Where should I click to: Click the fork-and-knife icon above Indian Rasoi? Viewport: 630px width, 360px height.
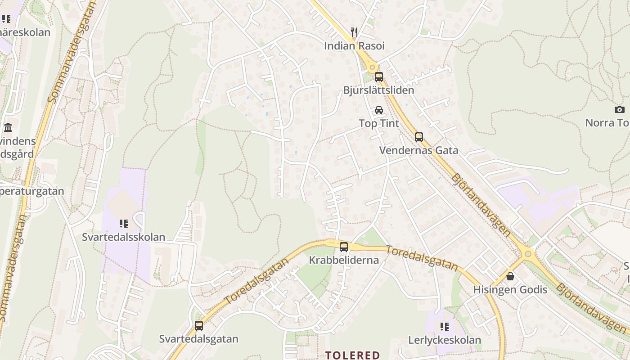(354, 32)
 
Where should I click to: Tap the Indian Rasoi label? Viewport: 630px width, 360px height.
(354, 46)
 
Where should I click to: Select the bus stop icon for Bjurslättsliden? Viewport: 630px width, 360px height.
(379, 77)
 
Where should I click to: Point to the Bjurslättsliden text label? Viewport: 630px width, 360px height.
(378, 90)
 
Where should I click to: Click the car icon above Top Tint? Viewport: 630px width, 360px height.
(379, 110)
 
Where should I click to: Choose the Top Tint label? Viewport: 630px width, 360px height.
(379, 123)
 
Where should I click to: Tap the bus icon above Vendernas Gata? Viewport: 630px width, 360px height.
(419, 137)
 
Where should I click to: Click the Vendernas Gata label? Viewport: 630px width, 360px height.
(419, 150)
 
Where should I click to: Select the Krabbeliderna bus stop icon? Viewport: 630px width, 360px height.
(344, 247)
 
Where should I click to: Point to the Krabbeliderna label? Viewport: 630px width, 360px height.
(344, 260)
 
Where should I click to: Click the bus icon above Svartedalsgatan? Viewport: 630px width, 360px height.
(199, 326)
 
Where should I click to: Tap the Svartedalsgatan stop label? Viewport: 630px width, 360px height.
(199, 339)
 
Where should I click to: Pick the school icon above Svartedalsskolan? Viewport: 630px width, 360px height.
(124, 224)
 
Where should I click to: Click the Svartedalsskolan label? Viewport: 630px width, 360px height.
(124, 237)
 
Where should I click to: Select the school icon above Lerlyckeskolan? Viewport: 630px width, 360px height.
(445, 327)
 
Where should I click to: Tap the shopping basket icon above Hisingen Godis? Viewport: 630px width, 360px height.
(510, 276)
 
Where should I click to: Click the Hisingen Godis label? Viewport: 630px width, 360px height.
(510, 289)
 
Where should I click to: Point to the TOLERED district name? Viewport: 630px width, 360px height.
(353, 355)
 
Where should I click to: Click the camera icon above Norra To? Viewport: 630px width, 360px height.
(620, 109)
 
